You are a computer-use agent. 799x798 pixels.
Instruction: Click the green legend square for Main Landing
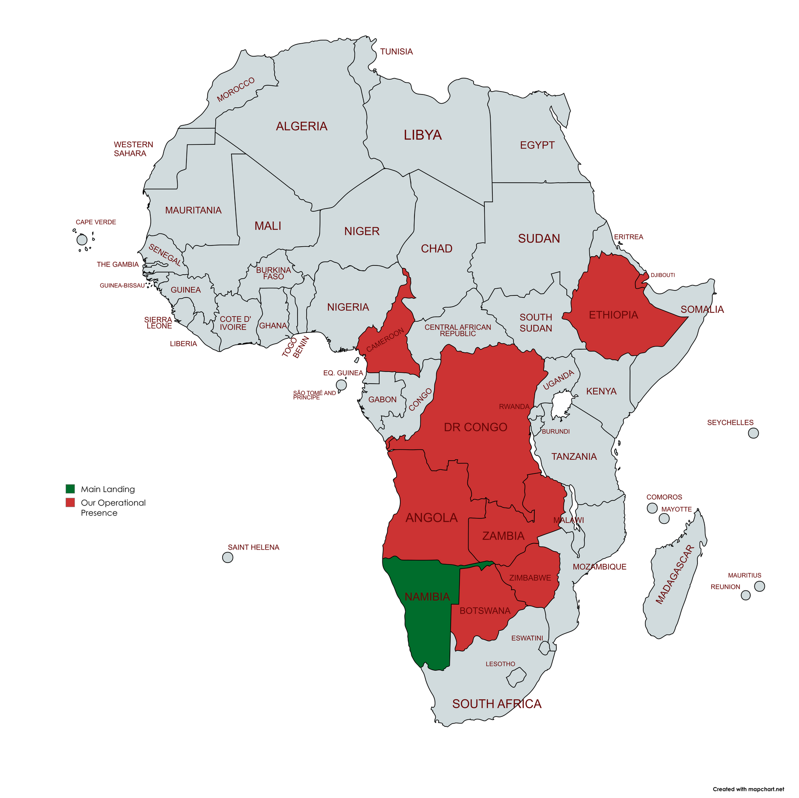point(70,488)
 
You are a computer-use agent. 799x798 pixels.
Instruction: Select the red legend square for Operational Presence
point(70,502)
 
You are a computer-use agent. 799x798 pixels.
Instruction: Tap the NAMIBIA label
point(427,597)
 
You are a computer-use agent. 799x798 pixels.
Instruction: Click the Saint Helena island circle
point(228,558)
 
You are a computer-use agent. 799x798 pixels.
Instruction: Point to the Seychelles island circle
point(753,433)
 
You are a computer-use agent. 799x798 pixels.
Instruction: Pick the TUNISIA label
point(396,52)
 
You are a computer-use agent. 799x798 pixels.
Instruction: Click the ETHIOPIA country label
point(613,315)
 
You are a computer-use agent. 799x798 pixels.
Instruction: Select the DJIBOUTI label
point(663,275)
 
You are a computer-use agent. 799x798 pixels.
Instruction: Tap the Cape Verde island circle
point(82,240)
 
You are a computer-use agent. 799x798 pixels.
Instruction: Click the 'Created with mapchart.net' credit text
point(748,789)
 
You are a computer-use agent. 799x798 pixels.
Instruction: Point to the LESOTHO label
point(500,664)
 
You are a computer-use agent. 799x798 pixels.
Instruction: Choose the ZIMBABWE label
point(530,578)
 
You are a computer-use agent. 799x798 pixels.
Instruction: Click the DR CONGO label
point(475,427)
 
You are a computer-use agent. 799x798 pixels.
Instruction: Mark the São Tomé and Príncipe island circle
point(341,385)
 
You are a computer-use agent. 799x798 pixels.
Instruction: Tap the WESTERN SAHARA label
point(133,149)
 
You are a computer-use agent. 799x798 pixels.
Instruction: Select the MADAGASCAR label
point(675,574)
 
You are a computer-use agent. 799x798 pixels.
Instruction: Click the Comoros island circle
point(652,508)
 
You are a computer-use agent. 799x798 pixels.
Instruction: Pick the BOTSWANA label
point(485,611)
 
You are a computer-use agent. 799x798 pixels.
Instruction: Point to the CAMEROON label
point(385,340)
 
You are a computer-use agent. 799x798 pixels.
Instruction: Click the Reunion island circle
point(746,595)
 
